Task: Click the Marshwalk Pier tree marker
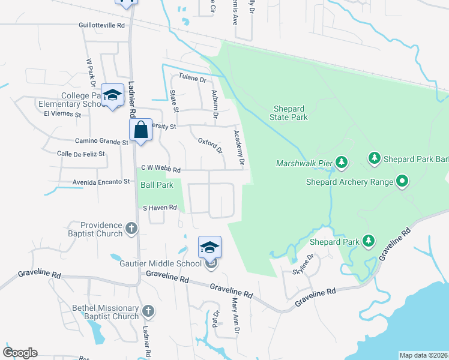tap(342, 162)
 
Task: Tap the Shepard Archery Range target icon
tap(402, 181)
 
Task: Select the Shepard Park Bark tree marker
tap(374, 158)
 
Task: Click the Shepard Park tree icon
tap(369, 242)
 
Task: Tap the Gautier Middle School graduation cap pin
tap(210, 247)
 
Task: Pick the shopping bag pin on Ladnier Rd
tap(140, 130)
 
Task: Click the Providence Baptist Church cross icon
tap(132, 229)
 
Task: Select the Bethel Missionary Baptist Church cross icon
tap(148, 311)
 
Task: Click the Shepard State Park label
tap(291, 113)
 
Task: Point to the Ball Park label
tap(157, 185)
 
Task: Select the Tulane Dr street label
tap(193, 79)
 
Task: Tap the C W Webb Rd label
tap(160, 169)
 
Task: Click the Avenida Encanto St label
tap(93, 181)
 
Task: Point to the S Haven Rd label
tap(159, 208)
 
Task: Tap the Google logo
tap(20, 353)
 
